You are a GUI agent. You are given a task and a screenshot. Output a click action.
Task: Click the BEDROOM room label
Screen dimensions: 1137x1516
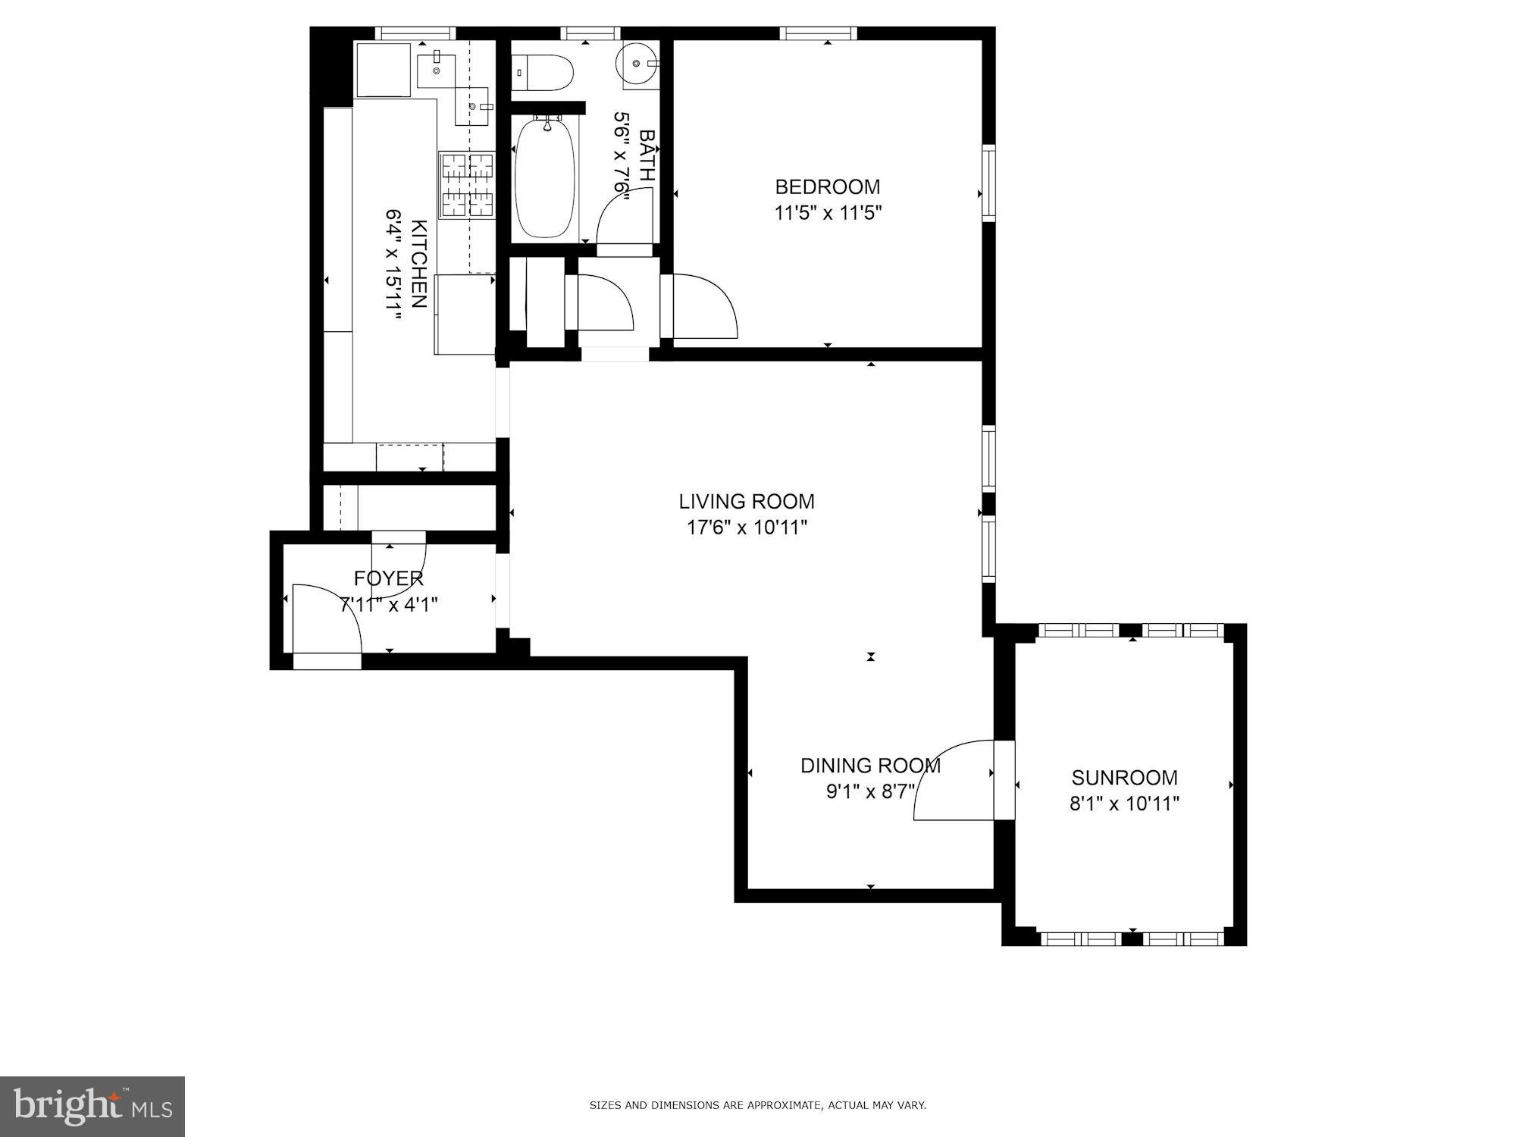click(827, 186)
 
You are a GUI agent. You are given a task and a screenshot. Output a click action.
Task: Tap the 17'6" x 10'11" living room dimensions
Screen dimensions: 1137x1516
click(747, 528)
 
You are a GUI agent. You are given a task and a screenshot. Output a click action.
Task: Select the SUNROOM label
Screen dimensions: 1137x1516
click(1124, 777)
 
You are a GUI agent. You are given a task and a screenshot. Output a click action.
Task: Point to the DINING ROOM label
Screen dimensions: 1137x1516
click(870, 766)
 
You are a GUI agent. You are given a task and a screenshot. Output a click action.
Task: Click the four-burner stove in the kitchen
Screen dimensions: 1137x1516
click(466, 186)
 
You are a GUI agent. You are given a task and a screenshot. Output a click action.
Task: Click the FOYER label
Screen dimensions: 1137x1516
click(388, 579)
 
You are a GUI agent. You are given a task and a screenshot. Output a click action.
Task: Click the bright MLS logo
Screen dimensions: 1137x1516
click(92, 1106)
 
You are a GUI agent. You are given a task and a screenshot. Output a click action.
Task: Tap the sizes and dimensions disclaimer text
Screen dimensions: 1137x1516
click(757, 1106)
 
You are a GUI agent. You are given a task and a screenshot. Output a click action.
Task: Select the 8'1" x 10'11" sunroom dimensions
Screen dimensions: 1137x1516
click(1124, 803)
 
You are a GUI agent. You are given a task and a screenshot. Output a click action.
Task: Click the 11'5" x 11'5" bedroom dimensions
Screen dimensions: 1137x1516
click(827, 213)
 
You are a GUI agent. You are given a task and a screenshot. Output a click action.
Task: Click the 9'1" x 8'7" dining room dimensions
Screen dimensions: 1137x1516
click(870, 792)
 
